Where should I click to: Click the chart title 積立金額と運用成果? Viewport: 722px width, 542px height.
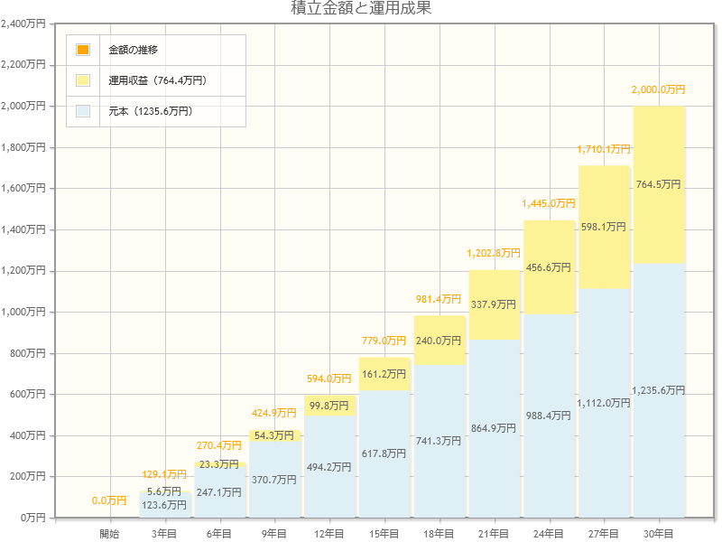[361, 9]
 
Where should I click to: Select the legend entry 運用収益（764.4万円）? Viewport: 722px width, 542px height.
[157, 80]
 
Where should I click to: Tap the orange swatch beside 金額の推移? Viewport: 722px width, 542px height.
[83, 50]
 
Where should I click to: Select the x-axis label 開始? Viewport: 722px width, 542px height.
[109, 534]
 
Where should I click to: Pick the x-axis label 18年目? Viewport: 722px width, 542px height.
[439, 534]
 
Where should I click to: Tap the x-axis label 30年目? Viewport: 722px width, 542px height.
[659, 534]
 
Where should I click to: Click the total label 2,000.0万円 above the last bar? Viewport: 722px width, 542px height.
[658, 90]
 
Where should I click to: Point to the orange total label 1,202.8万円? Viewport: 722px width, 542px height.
[494, 254]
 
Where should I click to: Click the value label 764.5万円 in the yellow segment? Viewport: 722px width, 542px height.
[658, 184]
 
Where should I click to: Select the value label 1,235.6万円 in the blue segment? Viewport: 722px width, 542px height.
[658, 390]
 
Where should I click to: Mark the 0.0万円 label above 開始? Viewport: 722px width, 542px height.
[109, 500]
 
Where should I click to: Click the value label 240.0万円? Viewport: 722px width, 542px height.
[439, 341]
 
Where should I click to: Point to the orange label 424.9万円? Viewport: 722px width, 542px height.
[274, 414]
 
